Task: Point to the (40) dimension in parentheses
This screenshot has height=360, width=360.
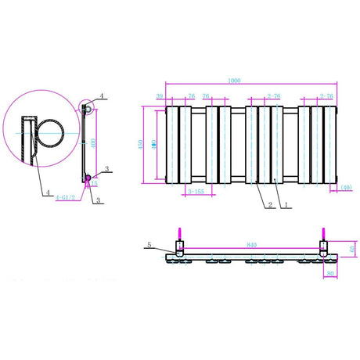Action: point(347,187)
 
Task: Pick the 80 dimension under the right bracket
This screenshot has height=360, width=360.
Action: point(332,274)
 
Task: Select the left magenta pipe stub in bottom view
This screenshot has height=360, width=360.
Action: point(179,233)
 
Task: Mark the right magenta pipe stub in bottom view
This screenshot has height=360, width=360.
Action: point(323,233)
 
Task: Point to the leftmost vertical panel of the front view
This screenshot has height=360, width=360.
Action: point(171,146)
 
